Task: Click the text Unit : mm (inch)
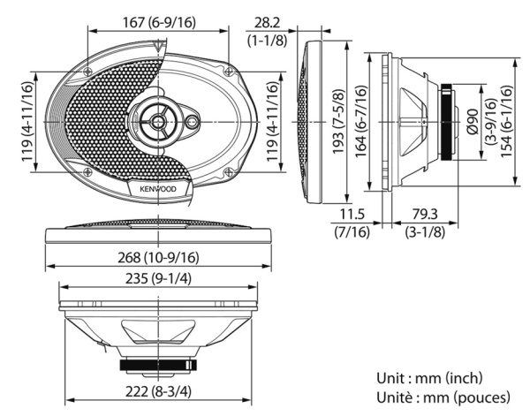[428, 378]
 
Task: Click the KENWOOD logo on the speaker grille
[157, 188]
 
